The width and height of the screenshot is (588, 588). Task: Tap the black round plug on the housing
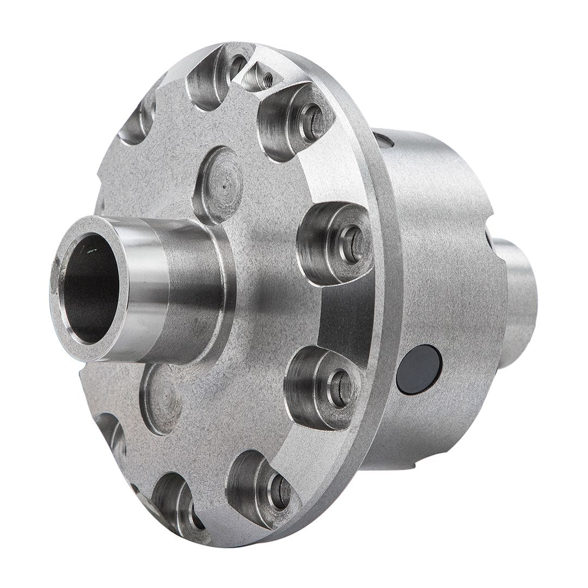419,370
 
